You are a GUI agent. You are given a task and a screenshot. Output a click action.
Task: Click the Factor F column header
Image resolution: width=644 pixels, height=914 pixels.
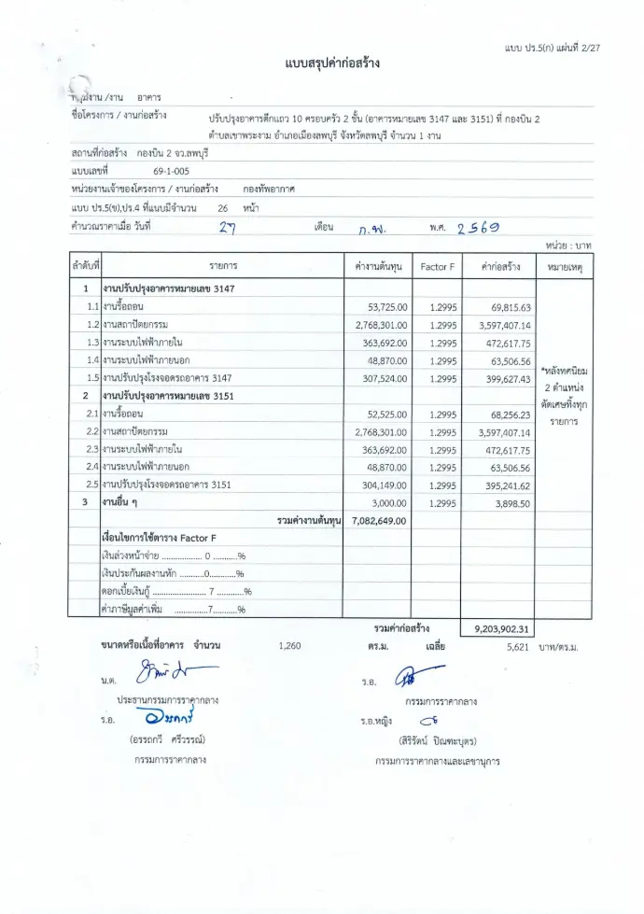tap(438, 267)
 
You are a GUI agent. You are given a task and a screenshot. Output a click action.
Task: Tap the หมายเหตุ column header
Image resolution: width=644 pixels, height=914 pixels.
tap(564, 267)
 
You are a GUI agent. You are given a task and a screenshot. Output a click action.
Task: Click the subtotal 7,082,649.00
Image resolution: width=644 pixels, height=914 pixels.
tap(380, 520)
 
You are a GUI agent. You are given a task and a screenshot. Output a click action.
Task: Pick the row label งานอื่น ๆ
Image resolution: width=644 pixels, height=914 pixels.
tap(120, 502)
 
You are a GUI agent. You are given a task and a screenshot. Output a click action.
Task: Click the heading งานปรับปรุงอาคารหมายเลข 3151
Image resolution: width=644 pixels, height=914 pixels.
tap(168, 396)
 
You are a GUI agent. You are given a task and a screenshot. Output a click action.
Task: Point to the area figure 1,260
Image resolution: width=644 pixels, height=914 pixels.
tap(290, 645)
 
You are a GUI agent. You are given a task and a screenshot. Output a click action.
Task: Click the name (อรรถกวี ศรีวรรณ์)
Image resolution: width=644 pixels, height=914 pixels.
tap(167, 740)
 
